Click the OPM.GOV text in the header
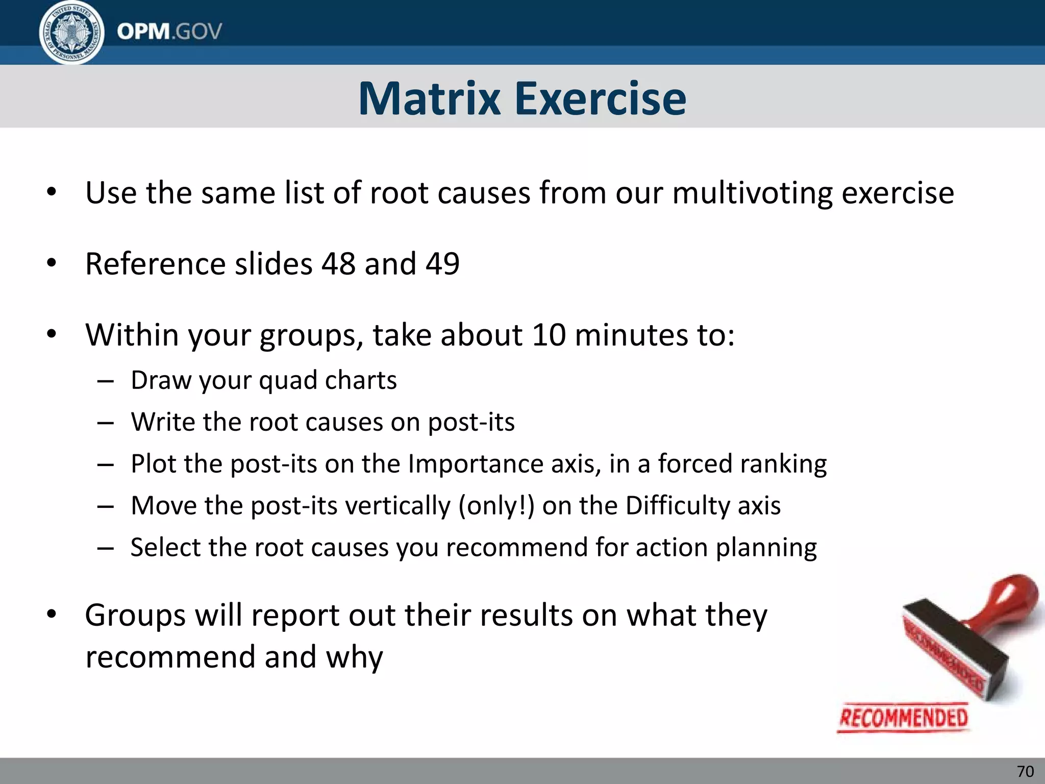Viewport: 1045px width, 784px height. click(x=169, y=32)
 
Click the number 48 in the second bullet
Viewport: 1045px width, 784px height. click(x=338, y=264)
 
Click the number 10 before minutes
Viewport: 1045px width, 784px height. click(x=549, y=335)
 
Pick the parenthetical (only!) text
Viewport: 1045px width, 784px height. click(x=496, y=506)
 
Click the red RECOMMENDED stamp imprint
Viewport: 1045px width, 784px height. click(x=903, y=718)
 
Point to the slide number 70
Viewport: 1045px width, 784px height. click(x=1025, y=771)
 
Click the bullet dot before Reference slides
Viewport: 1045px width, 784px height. click(x=51, y=263)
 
